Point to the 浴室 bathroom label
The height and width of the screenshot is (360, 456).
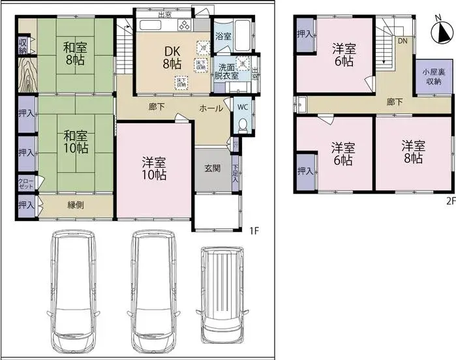click(x=223, y=36)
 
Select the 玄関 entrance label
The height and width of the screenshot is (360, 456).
click(x=212, y=168)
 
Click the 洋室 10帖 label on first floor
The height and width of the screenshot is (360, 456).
click(x=154, y=167)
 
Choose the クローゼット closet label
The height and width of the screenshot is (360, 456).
click(x=25, y=185)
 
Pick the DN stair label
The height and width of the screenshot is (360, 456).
click(x=403, y=40)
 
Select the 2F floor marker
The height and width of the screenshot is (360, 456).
click(x=449, y=200)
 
